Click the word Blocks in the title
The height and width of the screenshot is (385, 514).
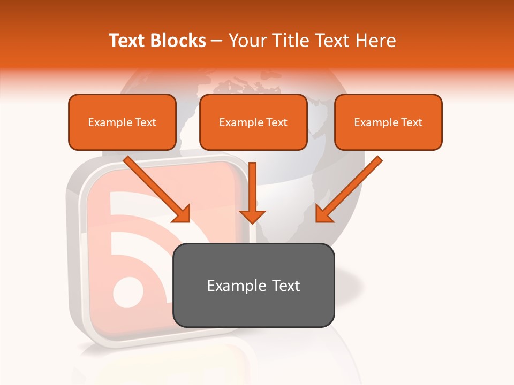pos(179,41)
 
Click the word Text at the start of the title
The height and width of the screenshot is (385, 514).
pos(128,41)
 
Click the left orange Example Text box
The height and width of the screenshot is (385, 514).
pos(122,122)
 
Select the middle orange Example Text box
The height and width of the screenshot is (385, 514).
pos(253,122)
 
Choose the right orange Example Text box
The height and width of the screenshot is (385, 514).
pos(388,122)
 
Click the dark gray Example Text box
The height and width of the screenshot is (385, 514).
pos(253,286)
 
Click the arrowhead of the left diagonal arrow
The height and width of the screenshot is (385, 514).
pos(182,213)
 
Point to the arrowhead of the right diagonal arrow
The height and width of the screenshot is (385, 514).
pos(323,213)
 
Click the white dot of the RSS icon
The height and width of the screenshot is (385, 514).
pos(129,292)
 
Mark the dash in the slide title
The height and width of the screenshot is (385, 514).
pos(217,41)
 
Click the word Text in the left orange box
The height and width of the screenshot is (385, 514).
pos(146,122)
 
